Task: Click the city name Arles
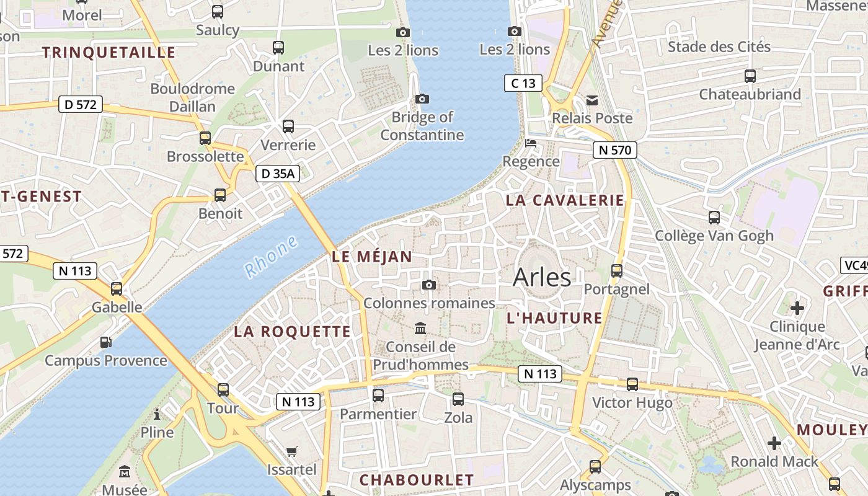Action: pyautogui.click(x=542, y=277)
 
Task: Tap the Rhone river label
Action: pyautogui.click(x=271, y=257)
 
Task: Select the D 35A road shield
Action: pyautogui.click(x=278, y=174)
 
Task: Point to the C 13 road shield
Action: pyautogui.click(x=523, y=82)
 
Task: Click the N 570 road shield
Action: pyautogui.click(x=614, y=149)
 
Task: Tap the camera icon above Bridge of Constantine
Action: pyautogui.click(x=422, y=99)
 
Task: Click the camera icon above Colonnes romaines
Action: pyautogui.click(x=428, y=285)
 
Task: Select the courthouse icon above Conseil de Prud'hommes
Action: pyautogui.click(x=420, y=327)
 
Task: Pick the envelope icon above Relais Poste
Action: pyautogui.click(x=592, y=100)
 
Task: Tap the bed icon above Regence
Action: pyautogui.click(x=531, y=143)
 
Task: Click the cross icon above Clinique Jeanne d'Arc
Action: pyautogui.click(x=797, y=308)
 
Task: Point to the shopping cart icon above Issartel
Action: pyautogui.click(x=292, y=451)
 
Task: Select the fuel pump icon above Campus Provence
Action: pyautogui.click(x=106, y=342)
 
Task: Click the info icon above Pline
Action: pyautogui.click(x=157, y=414)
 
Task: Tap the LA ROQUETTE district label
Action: pyautogui.click(x=292, y=332)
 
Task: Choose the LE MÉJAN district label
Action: pyautogui.click(x=372, y=256)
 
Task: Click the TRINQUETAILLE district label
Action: pyautogui.click(x=109, y=52)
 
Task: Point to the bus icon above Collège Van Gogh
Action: pyautogui.click(x=714, y=217)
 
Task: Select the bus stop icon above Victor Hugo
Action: pyautogui.click(x=632, y=384)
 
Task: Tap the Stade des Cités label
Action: pyautogui.click(x=719, y=46)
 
